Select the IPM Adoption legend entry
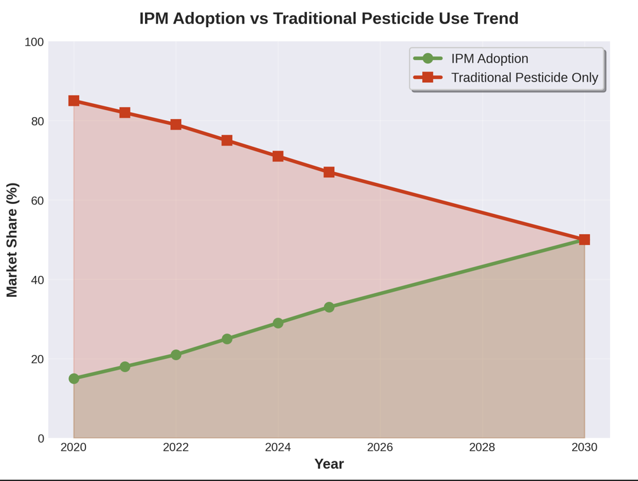[x=489, y=58]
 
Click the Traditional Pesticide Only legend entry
[x=524, y=77]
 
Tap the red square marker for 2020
[x=74, y=101]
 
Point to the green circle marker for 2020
[x=74, y=378]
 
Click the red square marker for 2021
[x=125, y=113]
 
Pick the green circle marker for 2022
[x=176, y=355]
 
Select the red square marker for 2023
[x=227, y=141]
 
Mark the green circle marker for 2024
[x=278, y=323]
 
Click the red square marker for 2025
[x=329, y=172]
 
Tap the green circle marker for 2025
[x=329, y=307]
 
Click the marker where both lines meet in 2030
[x=584, y=239]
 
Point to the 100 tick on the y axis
[x=34, y=42]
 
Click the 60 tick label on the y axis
[x=37, y=201]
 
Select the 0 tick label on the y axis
[x=41, y=439]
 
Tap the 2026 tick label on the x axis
[x=380, y=447]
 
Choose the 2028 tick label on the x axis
[x=482, y=447]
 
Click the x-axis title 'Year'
[x=329, y=464]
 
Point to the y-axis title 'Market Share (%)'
[x=12, y=240]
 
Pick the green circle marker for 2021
[x=125, y=366]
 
